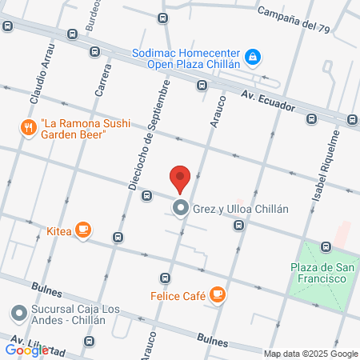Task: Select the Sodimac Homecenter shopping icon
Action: click(x=253, y=57)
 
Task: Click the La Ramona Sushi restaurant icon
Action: click(x=29, y=126)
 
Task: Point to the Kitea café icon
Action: click(x=82, y=230)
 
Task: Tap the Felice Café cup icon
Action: click(x=218, y=295)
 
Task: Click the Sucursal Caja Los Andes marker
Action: click(x=19, y=312)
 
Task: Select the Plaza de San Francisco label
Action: click(x=318, y=272)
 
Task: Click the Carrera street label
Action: click(x=103, y=79)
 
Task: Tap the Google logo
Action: click(x=26, y=350)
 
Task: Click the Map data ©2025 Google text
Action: click(x=311, y=354)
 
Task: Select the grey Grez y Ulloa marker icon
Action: click(x=180, y=210)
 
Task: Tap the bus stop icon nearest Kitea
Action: click(x=118, y=237)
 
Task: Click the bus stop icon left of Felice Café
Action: click(x=165, y=278)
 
